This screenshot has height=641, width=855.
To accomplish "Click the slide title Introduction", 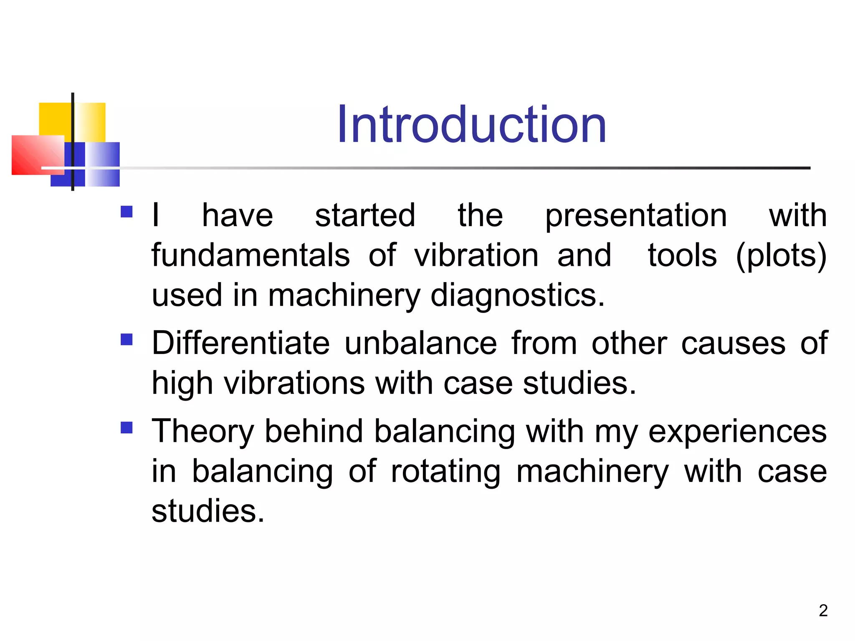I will click(472, 124).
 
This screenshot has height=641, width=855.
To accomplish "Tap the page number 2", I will click(823, 611).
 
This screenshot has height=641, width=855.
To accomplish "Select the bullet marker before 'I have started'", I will click(126, 212).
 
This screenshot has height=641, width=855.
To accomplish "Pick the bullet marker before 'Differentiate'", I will click(126, 339).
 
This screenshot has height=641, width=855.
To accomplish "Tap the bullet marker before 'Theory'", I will click(126, 428).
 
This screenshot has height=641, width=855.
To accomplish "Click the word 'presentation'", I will click(636, 216).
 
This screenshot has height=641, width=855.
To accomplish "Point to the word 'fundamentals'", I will click(250, 255).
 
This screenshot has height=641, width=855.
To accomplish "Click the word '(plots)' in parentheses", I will click(781, 255).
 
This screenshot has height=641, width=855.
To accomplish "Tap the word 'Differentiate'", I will click(240, 343).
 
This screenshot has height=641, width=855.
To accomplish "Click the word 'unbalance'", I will click(420, 343).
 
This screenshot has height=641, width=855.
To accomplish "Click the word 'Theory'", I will click(202, 432).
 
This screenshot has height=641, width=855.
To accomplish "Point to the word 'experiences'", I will click(737, 432).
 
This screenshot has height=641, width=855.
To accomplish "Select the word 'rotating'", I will click(445, 472).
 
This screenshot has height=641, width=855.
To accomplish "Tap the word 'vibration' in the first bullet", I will click(476, 255).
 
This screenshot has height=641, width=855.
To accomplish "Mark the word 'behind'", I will click(314, 431).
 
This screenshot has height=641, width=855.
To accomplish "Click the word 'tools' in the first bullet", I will click(682, 255).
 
